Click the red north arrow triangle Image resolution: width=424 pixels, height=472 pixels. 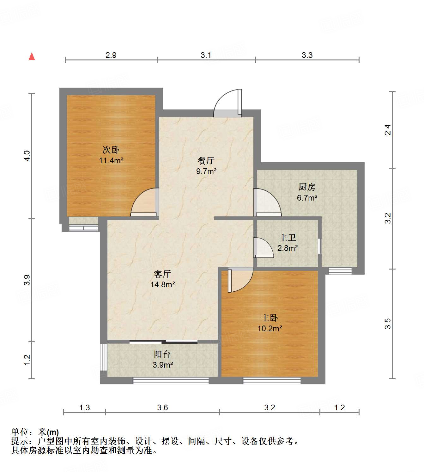click(32, 56)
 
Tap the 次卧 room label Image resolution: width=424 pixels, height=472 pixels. click(111, 150)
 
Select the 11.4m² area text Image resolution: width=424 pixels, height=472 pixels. click(111, 160)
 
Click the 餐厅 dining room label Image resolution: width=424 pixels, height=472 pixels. click(206, 161)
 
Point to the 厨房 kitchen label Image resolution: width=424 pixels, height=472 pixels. click(307, 187)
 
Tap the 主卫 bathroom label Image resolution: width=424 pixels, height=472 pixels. click(287, 238)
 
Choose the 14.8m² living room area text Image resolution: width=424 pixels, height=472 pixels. click(162, 284)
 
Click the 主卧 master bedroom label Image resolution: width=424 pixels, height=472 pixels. click(270, 318)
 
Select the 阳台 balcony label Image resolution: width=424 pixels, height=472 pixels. click(162, 354)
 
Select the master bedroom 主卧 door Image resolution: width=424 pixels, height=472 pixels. click(239, 280)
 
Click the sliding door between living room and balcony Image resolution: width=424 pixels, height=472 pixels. click(163, 342)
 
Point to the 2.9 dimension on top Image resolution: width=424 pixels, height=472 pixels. click(111, 55)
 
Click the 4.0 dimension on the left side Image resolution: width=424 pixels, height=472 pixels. click(27, 156)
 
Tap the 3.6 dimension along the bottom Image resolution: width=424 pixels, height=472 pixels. click(162, 407)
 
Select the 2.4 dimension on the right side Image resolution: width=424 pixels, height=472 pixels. click(388, 130)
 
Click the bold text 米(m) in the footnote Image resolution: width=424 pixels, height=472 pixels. click(48, 432)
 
